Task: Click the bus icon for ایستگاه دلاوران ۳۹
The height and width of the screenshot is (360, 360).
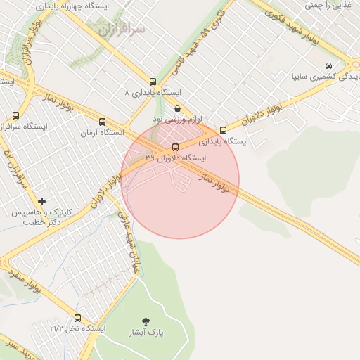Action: [175, 147]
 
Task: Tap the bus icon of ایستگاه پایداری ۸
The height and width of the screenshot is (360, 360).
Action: [153, 82]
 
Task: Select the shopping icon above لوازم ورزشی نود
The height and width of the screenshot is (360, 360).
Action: [176, 108]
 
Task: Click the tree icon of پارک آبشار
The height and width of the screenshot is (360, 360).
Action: [146, 321]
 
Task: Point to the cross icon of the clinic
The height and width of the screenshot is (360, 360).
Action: [41, 202]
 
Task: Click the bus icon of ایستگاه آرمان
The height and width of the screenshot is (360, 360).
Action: [103, 122]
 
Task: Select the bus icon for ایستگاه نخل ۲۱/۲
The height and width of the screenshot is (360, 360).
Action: [77, 318]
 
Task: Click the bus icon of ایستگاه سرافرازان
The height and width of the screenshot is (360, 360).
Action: [15, 115]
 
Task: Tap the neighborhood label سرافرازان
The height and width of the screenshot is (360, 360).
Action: [121, 30]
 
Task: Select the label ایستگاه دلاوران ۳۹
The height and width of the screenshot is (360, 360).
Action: [176, 158]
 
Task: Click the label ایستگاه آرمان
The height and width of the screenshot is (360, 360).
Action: [102, 132]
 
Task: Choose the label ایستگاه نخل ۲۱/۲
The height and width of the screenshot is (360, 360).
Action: [77, 328]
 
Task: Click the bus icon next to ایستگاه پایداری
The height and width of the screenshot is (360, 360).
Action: [224, 130]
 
